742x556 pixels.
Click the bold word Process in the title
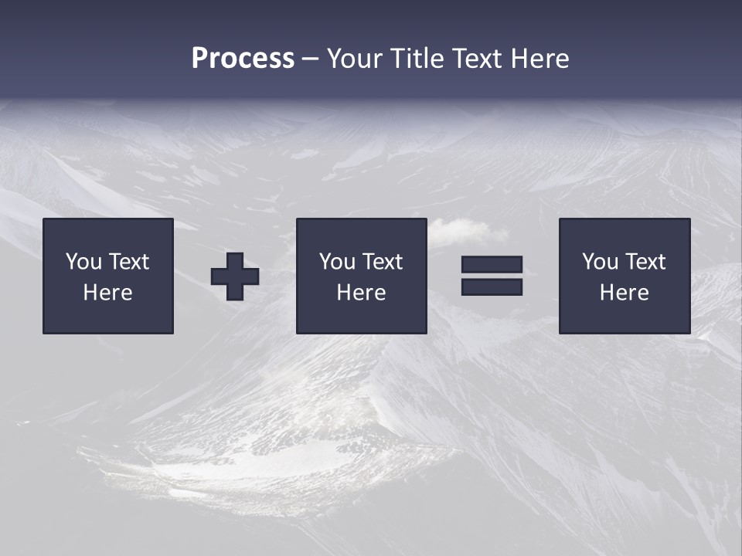pos(243,59)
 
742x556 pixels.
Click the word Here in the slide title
pos(539,59)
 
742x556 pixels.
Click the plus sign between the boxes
pos(235,276)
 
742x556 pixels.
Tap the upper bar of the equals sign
pos(492,265)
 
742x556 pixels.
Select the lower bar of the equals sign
pos(492,286)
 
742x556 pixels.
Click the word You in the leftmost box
pos(83,262)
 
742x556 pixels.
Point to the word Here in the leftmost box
pos(107,293)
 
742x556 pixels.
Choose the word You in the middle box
pos(337,262)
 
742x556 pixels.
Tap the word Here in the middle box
pos(361,293)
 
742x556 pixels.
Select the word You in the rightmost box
pos(600,262)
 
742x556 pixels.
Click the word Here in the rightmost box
pos(624,293)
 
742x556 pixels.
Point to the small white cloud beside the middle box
pos(464,229)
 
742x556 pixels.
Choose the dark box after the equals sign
pos(625,317)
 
